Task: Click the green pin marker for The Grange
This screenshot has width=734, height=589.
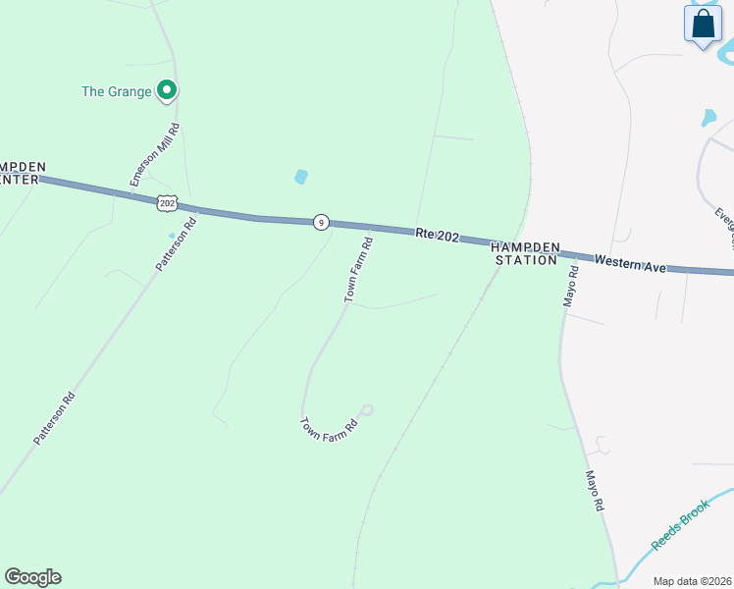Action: pos(167,90)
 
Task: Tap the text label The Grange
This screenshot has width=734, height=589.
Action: pos(116,91)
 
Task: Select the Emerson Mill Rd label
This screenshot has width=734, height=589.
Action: pos(155,154)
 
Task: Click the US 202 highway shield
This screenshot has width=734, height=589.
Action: pos(167,203)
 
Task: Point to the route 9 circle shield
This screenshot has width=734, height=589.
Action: pos(321,222)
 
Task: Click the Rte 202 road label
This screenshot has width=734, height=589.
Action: pos(437,234)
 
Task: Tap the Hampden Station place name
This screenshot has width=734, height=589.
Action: pos(526,254)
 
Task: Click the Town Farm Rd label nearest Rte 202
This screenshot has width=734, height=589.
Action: pos(357,269)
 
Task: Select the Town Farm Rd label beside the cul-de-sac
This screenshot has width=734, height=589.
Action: pos(327,427)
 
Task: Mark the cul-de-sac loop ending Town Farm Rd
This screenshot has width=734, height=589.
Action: pos(368,409)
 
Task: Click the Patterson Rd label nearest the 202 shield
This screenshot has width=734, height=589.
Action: pos(176,244)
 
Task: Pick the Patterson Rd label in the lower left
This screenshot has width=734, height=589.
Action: pos(54,419)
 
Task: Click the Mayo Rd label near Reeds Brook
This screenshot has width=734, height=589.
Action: pos(593,491)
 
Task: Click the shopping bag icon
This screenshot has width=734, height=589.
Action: pos(704,25)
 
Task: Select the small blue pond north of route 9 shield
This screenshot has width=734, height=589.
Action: pos(300,177)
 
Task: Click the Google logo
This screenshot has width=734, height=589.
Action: pos(32,577)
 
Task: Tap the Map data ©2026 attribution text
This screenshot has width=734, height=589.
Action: pos(692,581)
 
